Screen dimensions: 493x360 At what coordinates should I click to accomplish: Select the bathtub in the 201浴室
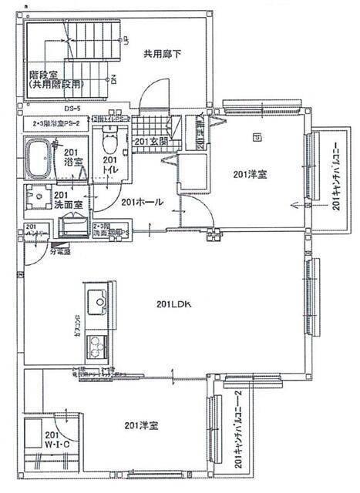41,159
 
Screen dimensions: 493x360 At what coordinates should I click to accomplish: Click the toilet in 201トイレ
109,143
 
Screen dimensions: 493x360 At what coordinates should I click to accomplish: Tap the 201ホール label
143,202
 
